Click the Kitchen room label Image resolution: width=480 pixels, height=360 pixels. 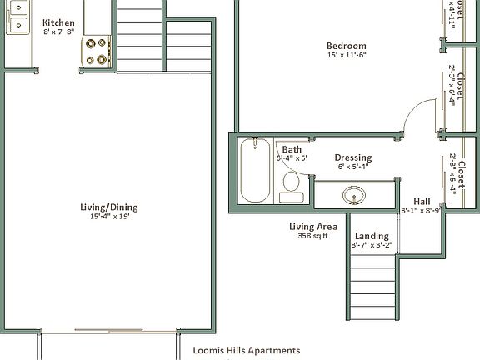tap(58, 22)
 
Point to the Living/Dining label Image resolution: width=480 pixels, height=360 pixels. tap(108, 207)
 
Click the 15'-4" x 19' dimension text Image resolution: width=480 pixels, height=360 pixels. tap(108, 217)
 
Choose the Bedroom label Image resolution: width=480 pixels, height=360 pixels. tap(346, 46)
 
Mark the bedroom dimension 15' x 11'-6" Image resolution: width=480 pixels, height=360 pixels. tap(346, 55)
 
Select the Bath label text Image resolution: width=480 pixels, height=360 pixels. tap(292, 149)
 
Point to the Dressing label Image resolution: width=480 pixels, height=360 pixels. tap(352, 157)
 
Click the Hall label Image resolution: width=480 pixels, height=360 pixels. tap(422, 201)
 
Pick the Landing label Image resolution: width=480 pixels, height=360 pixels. tap(372, 236)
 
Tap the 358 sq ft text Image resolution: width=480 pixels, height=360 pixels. tap(312, 236)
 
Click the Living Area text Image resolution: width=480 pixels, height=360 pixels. tap(312, 226)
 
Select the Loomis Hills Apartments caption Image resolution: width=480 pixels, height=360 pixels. tap(246, 351)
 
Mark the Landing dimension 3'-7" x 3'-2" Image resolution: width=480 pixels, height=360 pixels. tap(372, 246)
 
